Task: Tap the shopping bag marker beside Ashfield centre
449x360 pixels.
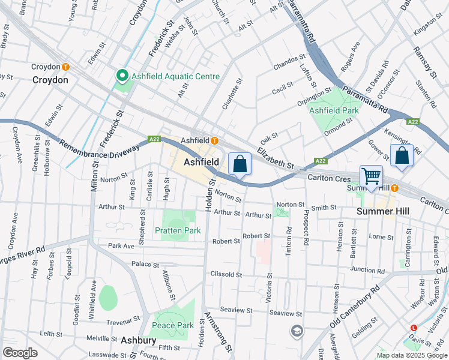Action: [x=240, y=163]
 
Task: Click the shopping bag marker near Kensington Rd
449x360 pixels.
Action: [x=402, y=155]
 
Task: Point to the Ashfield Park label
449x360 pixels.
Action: [x=334, y=110]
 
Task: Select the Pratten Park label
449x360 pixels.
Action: [x=177, y=230]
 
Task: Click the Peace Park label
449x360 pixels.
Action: [x=173, y=325]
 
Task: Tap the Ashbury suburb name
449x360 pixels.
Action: [x=138, y=340]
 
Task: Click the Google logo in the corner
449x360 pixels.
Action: [x=20, y=353]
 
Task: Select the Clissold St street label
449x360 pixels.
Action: [x=226, y=275]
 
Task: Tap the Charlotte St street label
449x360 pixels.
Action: [x=227, y=94]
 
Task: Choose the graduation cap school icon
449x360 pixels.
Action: [x=297, y=331]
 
